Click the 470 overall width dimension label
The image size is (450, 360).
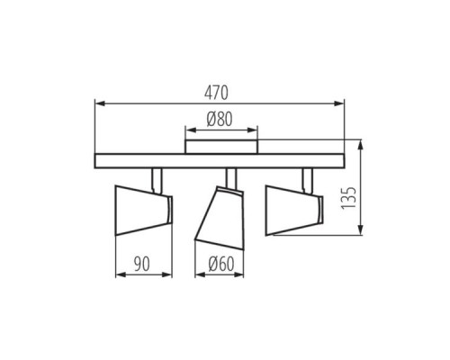[216, 93]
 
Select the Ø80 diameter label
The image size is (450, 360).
[220, 119]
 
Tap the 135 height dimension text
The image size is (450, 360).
[348, 198]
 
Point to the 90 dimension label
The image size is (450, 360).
[141, 264]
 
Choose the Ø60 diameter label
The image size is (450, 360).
[221, 265]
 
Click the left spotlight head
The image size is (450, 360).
[144, 210]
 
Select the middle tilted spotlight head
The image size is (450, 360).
[220, 218]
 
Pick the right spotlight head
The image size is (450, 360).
[294, 210]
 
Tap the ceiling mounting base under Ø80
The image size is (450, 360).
[221, 147]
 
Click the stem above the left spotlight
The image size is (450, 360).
[157, 180]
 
